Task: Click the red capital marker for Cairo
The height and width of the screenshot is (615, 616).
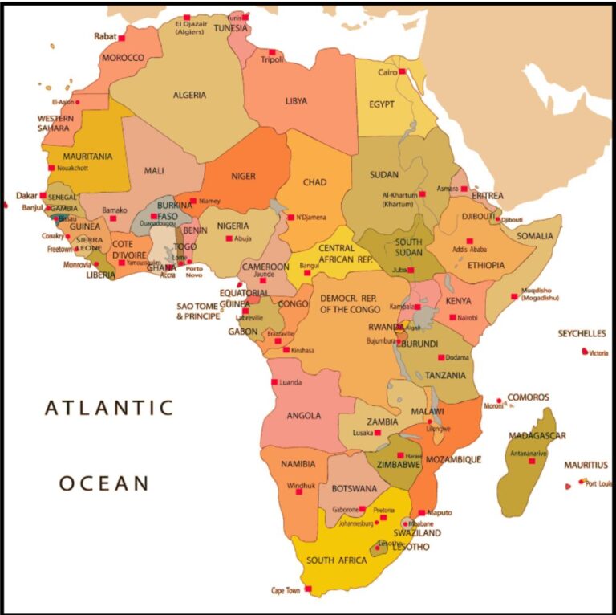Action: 403,72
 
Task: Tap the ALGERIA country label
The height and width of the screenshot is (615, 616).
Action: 189,95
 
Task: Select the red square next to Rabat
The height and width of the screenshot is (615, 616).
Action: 122,37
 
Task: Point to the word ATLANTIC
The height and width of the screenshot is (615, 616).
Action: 109,408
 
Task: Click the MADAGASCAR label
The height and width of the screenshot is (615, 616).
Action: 537,436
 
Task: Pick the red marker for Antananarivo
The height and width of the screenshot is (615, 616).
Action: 531,461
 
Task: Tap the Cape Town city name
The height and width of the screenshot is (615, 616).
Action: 286,590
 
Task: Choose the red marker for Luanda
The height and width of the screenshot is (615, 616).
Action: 274,382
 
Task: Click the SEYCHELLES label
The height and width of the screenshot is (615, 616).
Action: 582,334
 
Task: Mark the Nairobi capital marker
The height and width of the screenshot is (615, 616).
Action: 453,318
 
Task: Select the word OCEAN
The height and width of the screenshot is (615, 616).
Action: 104,483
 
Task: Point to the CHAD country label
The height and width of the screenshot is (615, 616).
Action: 314,182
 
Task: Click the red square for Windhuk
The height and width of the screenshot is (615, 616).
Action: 299,491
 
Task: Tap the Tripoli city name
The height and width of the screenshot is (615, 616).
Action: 273,60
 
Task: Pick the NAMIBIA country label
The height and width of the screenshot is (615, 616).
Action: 298,464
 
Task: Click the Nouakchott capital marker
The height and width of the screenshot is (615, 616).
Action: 51,168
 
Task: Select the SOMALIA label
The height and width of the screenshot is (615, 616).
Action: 535,236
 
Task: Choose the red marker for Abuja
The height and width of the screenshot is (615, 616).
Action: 229,238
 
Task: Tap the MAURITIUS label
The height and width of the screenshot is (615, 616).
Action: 586,465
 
